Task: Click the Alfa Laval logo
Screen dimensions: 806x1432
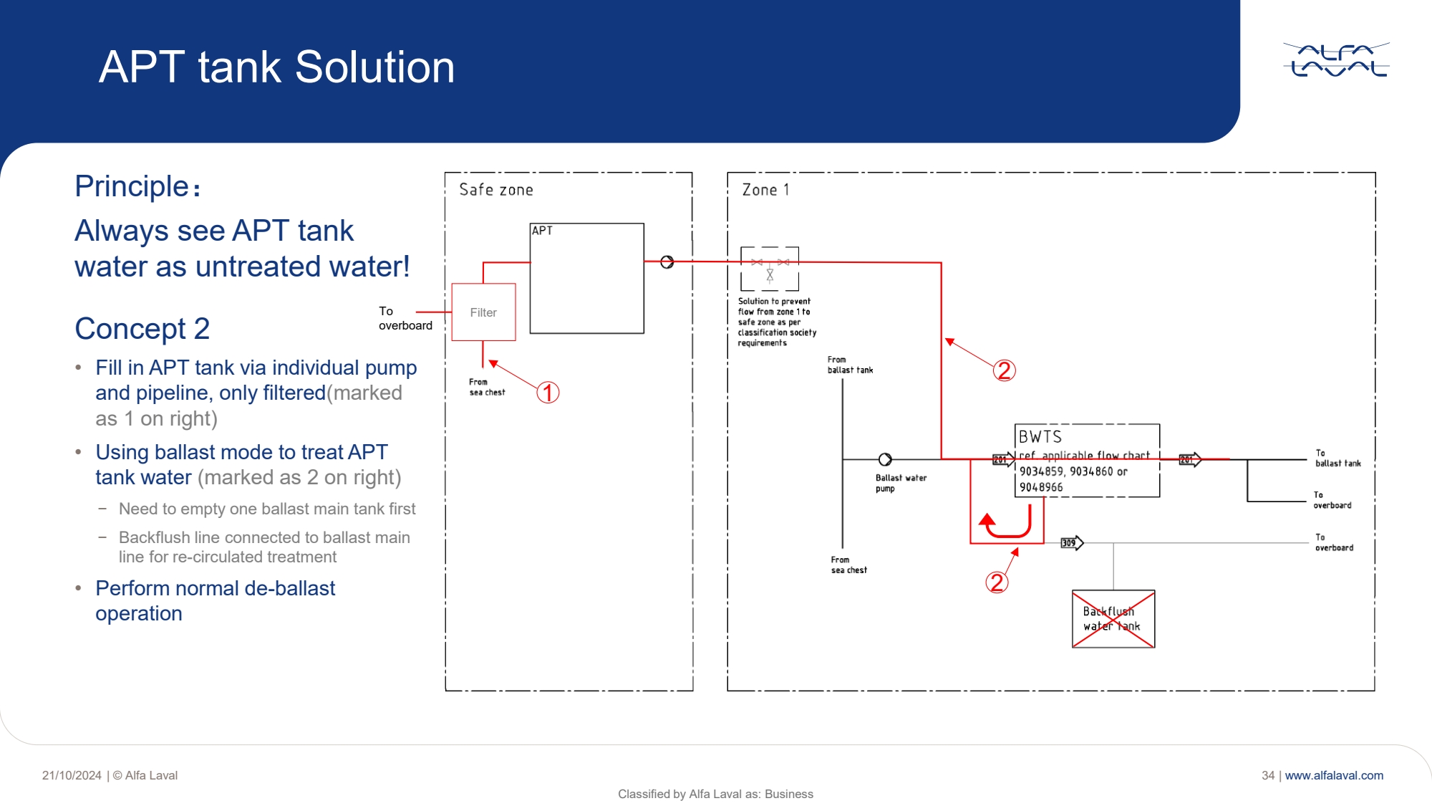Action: click(x=1336, y=59)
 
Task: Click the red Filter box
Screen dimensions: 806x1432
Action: click(x=483, y=312)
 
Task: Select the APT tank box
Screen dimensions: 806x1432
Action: click(x=586, y=279)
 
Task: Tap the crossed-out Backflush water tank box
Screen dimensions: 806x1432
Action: click(x=1113, y=619)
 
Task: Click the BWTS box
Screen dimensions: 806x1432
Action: click(x=1087, y=461)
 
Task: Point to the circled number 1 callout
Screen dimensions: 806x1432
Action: click(x=548, y=393)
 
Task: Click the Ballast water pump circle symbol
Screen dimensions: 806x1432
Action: click(x=885, y=459)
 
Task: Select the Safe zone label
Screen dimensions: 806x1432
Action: click(x=495, y=190)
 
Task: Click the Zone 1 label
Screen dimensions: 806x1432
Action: click(x=765, y=190)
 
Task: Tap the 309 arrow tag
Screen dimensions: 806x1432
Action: click(x=1071, y=543)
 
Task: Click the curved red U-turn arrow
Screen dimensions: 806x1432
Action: click(x=1009, y=523)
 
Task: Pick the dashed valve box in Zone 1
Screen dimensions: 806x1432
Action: click(x=769, y=269)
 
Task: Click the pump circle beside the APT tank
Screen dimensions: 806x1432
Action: click(x=667, y=262)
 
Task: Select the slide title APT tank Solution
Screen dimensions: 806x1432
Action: click(x=276, y=67)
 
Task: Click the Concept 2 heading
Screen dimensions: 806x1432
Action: click(x=142, y=329)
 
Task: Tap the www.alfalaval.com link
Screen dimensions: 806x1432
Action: click(x=1334, y=775)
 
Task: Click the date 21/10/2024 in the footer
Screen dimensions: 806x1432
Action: click(x=72, y=775)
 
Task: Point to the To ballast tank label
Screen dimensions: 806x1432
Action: click(x=1337, y=459)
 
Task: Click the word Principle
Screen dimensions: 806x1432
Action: click(x=132, y=186)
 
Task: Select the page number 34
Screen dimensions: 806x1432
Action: click(x=1268, y=775)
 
